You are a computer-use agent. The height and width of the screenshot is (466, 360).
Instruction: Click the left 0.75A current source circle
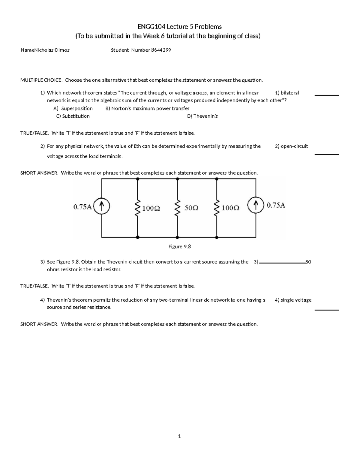click(x=102, y=206)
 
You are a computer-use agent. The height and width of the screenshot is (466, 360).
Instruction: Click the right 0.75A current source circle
click(x=256, y=206)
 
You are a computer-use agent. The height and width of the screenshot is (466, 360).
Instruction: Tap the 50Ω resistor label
click(x=191, y=208)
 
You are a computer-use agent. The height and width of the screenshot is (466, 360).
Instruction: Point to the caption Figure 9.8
click(x=179, y=247)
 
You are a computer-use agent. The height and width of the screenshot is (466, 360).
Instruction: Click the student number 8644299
click(x=161, y=50)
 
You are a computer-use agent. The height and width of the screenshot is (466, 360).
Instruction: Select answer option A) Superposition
click(x=73, y=108)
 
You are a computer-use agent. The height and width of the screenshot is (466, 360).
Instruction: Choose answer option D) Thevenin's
click(x=202, y=116)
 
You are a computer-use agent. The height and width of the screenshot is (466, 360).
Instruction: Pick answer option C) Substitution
click(x=73, y=116)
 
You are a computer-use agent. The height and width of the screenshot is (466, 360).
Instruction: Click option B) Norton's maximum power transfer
click(x=147, y=108)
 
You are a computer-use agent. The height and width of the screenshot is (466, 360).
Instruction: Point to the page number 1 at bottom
click(x=179, y=436)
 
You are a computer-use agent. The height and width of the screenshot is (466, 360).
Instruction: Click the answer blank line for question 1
click(x=326, y=95)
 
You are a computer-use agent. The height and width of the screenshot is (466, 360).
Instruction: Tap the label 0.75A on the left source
click(x=82, y=207)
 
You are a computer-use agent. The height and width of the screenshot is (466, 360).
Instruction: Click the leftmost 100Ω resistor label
click(x=151, y=208)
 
